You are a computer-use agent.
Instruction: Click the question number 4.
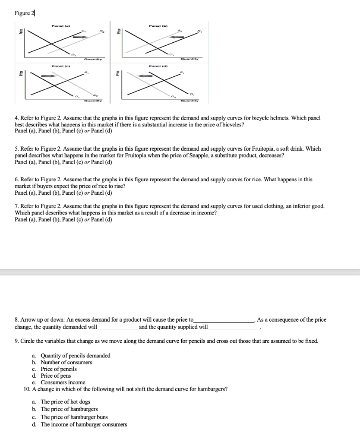click(16, 118)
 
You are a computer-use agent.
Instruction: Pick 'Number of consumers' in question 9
click(66, 362)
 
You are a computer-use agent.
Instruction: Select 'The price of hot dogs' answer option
click(65, 401)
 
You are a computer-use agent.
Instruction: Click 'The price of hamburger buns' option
click(74, 417)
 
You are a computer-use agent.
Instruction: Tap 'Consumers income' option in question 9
click(63, 382)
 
